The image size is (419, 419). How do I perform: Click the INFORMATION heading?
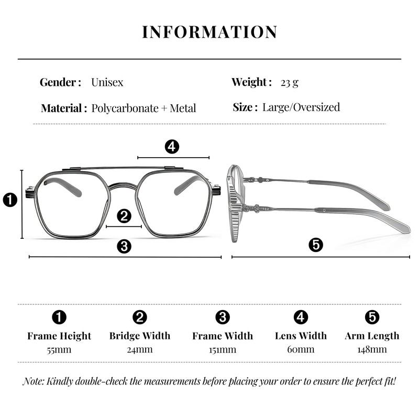210,32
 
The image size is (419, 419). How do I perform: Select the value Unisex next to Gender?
107,82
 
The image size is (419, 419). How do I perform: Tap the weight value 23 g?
290,82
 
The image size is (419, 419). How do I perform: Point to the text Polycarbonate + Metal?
144,108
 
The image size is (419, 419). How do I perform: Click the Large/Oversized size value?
301,107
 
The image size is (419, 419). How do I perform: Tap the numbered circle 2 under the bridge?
124,215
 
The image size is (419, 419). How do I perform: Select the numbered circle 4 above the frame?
172,147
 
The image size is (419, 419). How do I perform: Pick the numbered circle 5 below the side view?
316,245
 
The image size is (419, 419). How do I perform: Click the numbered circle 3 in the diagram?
124,246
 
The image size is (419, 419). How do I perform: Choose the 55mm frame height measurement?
59,349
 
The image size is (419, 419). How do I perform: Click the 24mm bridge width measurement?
140,349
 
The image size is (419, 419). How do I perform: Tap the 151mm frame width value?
222,349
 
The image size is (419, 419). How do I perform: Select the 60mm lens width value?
301,349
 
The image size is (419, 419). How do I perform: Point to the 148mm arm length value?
372,349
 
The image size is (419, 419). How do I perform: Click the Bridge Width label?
140,336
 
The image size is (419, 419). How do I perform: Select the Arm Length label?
372,336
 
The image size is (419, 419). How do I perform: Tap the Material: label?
64,108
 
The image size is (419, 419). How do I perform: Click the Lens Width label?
301,336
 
